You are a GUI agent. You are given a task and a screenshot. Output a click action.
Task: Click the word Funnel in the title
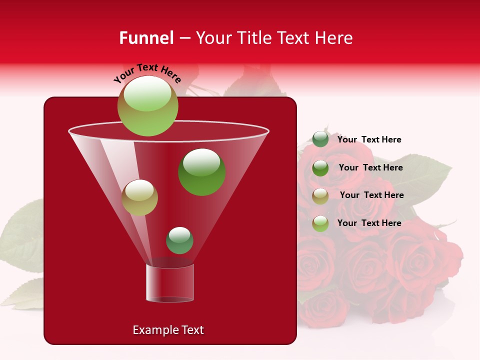click(146, 38)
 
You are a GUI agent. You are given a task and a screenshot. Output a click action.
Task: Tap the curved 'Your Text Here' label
click(147, 74)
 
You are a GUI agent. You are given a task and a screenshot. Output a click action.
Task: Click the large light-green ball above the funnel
click(148, 106)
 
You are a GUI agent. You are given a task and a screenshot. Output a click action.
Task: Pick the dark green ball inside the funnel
click(201, 172)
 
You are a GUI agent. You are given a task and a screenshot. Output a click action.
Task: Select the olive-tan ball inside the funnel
click(140, 197)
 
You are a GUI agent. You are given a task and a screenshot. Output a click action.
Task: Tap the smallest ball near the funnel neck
click(179, 240)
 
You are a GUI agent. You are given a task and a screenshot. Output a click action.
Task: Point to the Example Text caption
click(168, 330)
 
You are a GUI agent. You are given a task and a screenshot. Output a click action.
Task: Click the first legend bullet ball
click(320, 139)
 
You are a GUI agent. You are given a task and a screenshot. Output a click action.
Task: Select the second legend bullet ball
click(320, 168)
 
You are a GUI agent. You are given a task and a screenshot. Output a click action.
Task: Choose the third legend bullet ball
click(320, 195)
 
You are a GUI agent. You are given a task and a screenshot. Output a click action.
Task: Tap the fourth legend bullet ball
click(320, 223)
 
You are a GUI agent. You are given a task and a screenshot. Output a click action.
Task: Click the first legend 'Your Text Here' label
click(369, 139)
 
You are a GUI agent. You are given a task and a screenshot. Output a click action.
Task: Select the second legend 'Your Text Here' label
click(370, 167)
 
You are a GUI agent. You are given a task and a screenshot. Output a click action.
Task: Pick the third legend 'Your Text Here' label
click(371, 195)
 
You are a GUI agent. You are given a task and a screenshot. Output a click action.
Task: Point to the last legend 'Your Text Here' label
click(369, 223)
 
